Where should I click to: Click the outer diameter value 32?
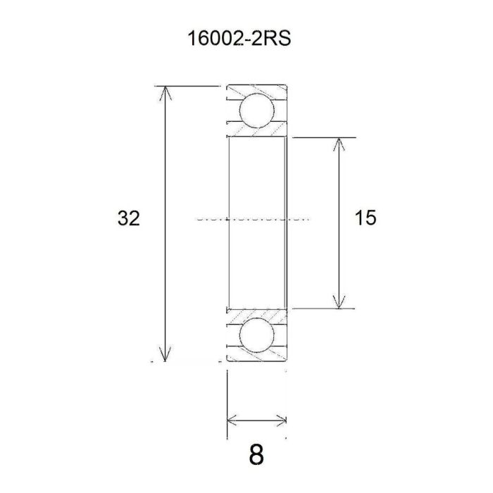point(128,219)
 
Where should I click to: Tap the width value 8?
point(256,455)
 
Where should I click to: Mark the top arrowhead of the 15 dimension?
point(340,142)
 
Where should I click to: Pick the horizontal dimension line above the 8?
point(257,420)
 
